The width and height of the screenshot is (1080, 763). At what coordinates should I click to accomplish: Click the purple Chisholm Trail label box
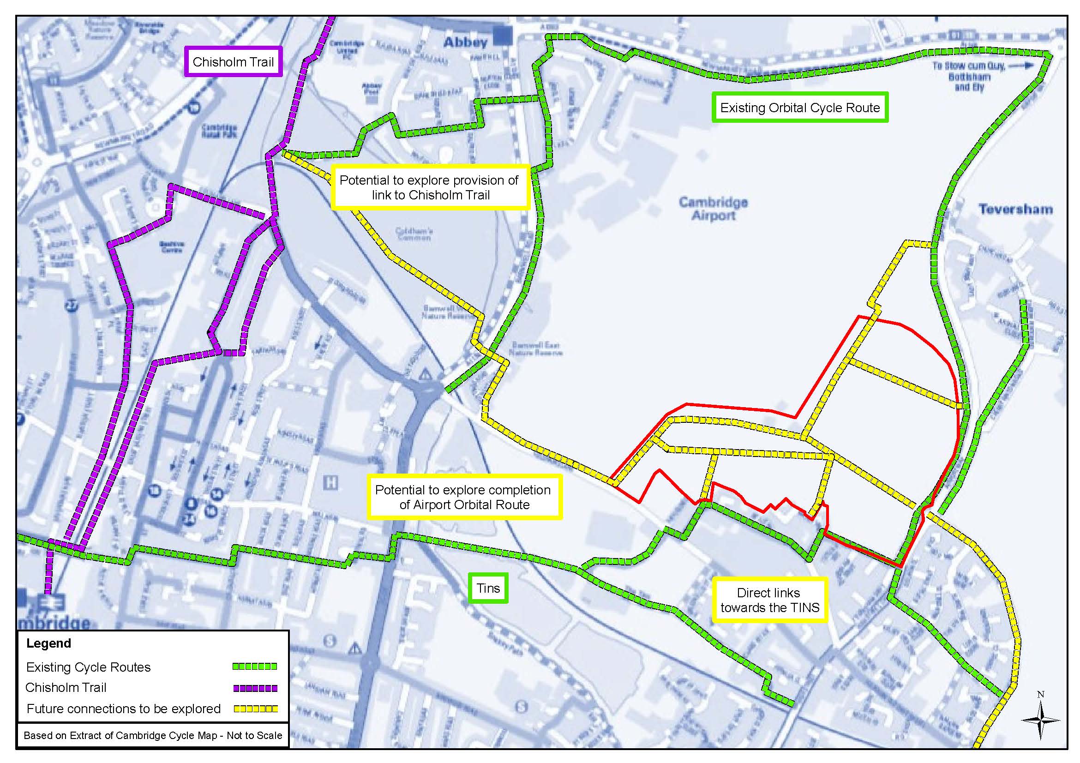tap(234, 62)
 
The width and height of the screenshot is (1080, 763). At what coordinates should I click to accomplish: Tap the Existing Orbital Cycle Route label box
tap(800, 108)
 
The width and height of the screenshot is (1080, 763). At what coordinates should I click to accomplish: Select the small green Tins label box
tap(488, 588)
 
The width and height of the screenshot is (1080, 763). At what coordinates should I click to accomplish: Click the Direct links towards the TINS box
tap(769, 600)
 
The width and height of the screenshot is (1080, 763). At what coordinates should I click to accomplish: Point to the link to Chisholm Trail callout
tap(430, 187)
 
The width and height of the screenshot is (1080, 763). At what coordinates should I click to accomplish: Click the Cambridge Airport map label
tap(713, 209)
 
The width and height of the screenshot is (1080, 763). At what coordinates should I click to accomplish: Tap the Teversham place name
tap(1015, 210)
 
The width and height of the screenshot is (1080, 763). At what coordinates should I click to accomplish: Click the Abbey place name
tap(466, 42)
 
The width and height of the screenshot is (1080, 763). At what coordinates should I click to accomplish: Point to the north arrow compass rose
tap(1040, 720)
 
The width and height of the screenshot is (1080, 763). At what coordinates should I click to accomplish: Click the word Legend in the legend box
tap(48, 643)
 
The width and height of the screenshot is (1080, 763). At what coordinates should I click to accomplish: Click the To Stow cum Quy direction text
tap(969, 77)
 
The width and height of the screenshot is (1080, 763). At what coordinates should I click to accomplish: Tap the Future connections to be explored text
tap(123, 709)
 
